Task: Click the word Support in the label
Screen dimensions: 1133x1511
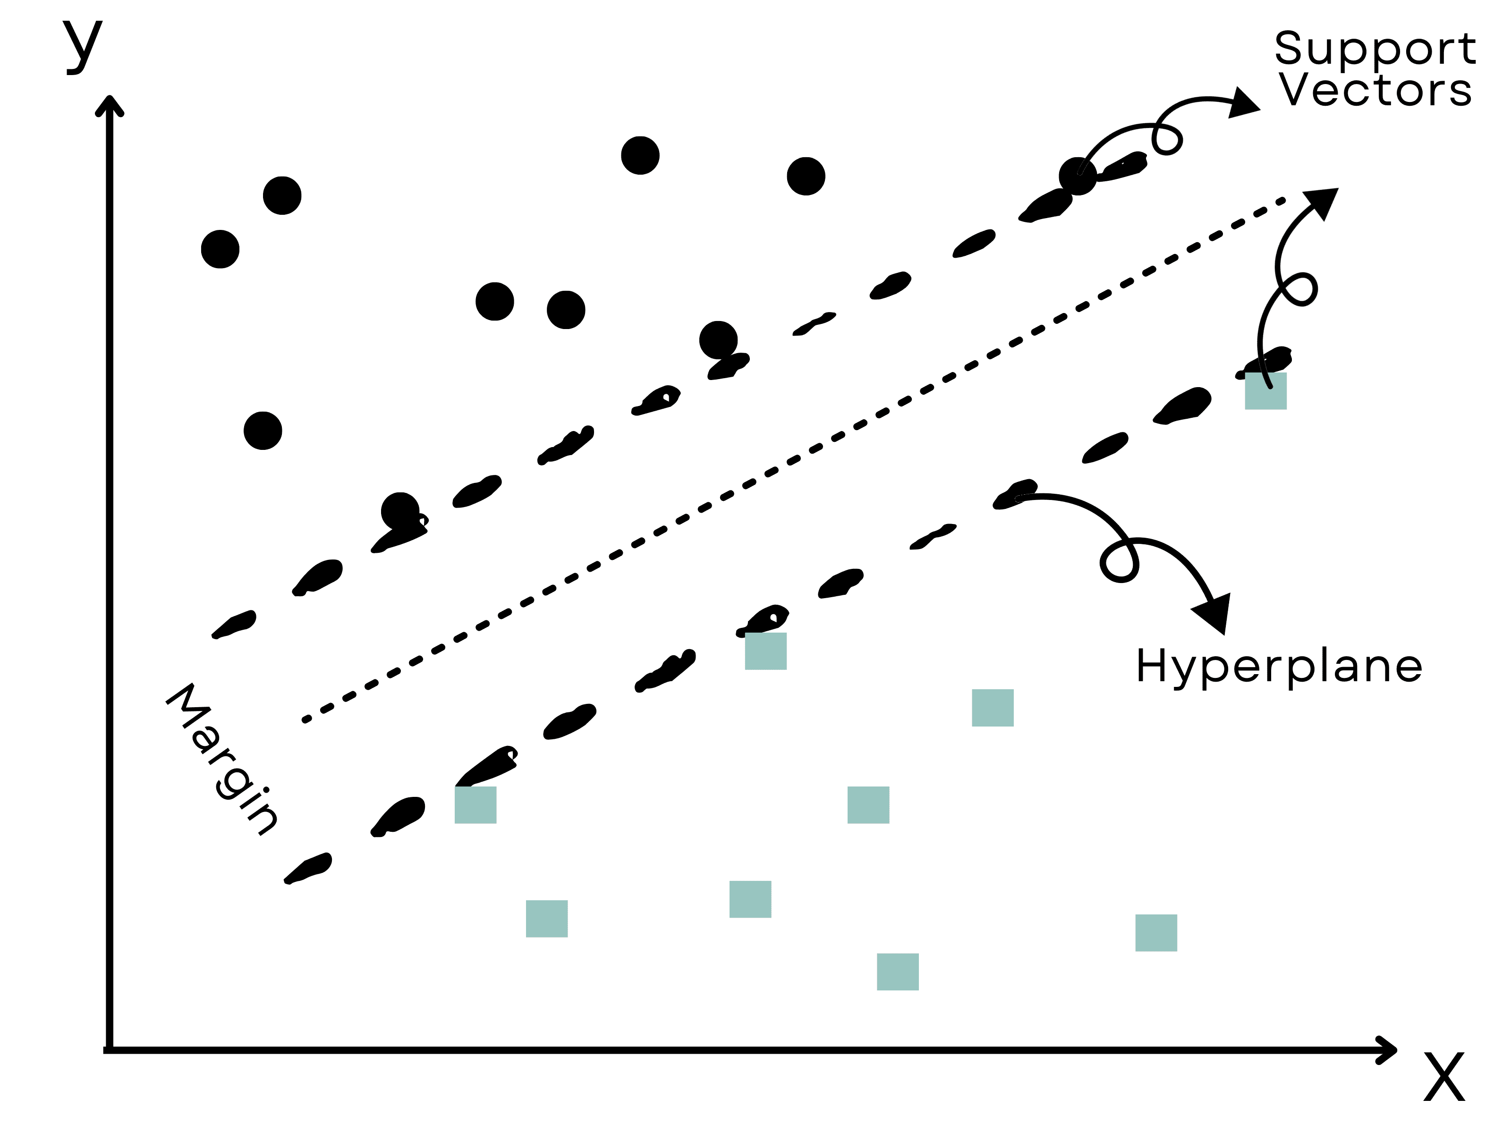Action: click(1375, 49)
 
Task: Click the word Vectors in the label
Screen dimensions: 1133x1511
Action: click(1375, 90)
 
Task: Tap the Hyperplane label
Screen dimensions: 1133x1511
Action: click(1279, 667)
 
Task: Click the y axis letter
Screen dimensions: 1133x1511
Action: click(83, 45)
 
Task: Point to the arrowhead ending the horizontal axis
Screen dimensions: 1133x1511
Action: click(1387, 1050)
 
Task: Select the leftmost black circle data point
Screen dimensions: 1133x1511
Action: click(220, 249)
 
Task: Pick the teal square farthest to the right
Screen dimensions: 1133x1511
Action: click(1266, 390)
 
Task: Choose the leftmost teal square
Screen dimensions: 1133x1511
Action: click(475, 804)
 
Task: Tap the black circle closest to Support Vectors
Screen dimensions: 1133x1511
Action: click(1078, 176)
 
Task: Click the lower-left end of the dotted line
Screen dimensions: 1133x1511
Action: click(306, 719)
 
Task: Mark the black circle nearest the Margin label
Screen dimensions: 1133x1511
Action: click(263, 430)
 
